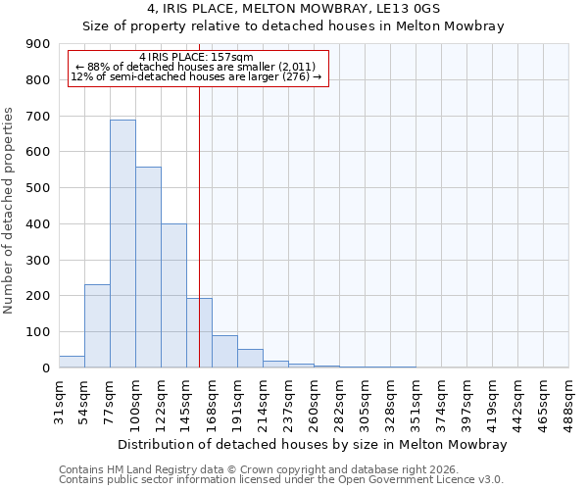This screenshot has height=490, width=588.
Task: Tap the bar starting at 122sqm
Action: point(173,295)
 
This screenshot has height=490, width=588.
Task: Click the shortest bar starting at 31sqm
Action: point(72,362)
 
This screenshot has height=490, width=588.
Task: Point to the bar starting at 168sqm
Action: point(224,351)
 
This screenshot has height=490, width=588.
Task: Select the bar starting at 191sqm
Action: point(250,358)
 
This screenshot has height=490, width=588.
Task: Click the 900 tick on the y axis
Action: point(38,44)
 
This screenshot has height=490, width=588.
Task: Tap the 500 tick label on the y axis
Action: point(38,188)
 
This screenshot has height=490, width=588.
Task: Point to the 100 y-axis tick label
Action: point(38,332)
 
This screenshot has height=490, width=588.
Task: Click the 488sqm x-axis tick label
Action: point(569,400)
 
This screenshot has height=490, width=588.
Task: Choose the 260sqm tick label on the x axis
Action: point(315,400)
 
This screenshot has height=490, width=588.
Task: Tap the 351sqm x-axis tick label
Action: point(416,400)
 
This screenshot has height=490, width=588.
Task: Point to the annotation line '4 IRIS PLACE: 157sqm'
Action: point(196,57)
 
